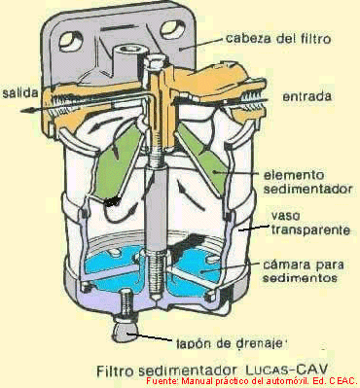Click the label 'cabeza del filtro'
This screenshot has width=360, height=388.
[278, 38]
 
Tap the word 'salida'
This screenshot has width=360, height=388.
[19, 93]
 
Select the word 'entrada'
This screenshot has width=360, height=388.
[307, 96]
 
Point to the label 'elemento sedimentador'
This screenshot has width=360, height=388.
[307, 182]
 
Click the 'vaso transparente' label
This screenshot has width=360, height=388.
[310, 223]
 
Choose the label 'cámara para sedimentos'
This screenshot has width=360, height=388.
[303, 271]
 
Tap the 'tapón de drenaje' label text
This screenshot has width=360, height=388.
[232, 343]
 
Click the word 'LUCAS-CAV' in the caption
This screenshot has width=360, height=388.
[286, 370]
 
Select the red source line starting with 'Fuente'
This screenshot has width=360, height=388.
[251, 380]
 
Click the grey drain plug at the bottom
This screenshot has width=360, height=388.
[126, 331]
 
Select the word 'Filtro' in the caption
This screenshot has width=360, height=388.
[114, 370]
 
